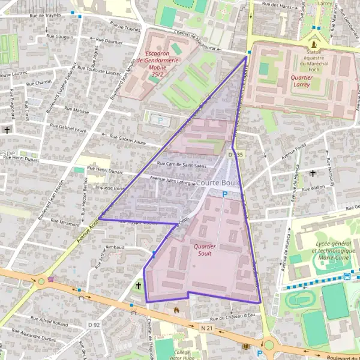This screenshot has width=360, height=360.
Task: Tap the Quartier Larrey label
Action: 292,81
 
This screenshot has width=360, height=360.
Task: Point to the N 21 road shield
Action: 208,328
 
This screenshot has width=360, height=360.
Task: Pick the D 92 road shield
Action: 93,325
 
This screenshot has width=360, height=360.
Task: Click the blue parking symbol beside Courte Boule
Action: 225,194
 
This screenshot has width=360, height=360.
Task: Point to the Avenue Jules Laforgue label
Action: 173,179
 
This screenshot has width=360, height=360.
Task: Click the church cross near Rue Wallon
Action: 312,173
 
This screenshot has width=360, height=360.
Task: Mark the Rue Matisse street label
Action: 76,110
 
